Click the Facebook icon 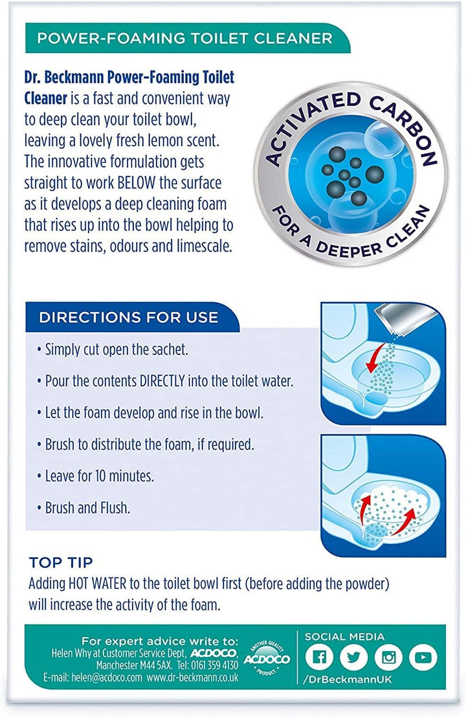pyautogui.click(x=318, y=657)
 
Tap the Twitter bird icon pyautogui.click(x=353, y=657)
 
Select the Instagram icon pyautogui.click(x=388, y=657)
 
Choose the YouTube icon pyautogui.click(x=423, y=657)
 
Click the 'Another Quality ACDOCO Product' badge pyautogui.click(x=267, y=659)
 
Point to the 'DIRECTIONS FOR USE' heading pyautogui.click(x=129, y=317)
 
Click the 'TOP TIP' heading pyautogui.click(x=61, y=562)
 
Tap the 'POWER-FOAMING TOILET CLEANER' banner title pyautogui.click(x=184, y=38)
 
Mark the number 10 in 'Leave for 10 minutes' pyautogui.click(x=100, y=476)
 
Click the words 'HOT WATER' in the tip pyautogui.click(x=97, y=584)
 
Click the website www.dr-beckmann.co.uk pyautogui.click(x=192, y=678)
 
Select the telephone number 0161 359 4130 pyautogui.click(x=214, y=665)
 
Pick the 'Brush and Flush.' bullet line pyautogui.click(x=87, y=507)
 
